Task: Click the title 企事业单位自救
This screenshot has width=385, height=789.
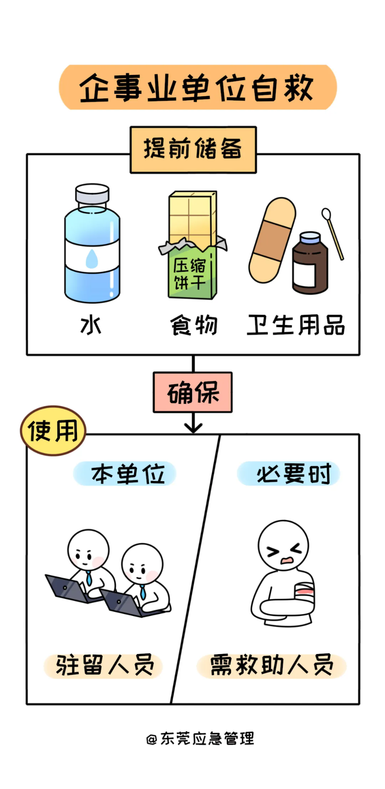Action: click(197, 88)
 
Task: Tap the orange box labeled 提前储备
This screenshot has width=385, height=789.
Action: click(193, 149)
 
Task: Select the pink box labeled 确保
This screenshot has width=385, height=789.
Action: click(192, 392)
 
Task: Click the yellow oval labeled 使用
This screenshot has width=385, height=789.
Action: click(53, 431)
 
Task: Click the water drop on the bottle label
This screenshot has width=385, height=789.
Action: click(92, 259)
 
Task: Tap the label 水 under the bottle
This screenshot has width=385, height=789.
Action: click(91, 325)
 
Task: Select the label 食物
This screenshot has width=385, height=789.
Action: click(194, 325)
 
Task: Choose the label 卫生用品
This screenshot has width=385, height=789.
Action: click(296, 325)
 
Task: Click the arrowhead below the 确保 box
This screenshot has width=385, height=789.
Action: click(193, 427)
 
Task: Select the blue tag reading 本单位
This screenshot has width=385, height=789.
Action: click(125, 474)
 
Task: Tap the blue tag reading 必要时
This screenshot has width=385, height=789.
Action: click(289, 474)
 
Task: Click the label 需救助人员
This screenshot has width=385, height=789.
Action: click(271, 666)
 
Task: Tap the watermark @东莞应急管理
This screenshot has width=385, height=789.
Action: click(200, 738)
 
